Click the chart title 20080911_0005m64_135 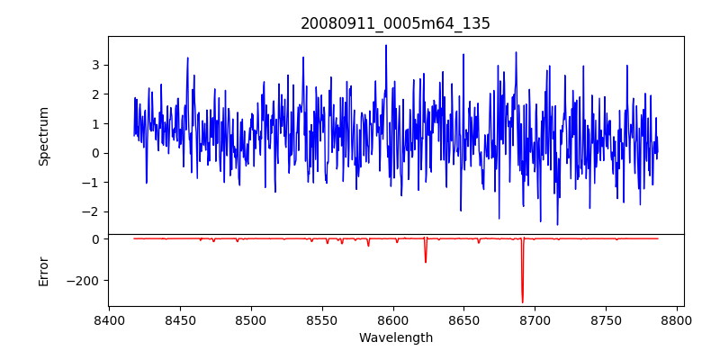tap(395, 23)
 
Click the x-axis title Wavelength tap(395, 337)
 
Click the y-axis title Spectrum tap(44, 136)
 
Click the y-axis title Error tap(44, 271)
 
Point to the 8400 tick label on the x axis tap(109, 319)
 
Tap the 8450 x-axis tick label tap(180, 319)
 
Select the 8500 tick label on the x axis tap(251, 319)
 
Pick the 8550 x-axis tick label tap(322, 319)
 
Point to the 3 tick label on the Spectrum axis tap(94, 65)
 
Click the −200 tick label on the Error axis tap(85, 281)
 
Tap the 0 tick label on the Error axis tap(94, 239)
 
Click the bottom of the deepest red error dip tap(522, 301)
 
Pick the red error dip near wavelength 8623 tap(426, 261)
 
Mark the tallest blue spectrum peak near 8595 tap(386, 46)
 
